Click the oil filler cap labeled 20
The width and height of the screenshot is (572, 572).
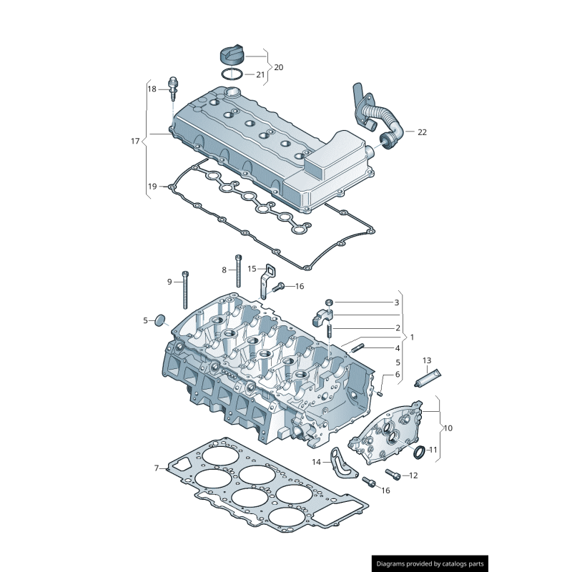(x=232, y=54)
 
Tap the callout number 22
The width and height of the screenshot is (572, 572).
(x=421, y=132)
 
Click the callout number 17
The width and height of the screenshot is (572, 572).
(x=135, y=141)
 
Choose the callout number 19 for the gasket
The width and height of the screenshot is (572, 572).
(x=152, y=187)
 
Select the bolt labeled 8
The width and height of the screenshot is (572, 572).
(x=238, y=271)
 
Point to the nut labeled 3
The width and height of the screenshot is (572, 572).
(x=330, y=302)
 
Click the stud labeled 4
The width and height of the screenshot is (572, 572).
(x=358, y=347)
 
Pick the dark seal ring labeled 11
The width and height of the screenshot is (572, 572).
(x=420, y=450)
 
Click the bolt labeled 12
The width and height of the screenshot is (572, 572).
(x=392, y=473)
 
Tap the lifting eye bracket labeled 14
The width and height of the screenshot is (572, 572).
(x=342, y=464)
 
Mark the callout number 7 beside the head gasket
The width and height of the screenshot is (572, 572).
(x=156, y=468)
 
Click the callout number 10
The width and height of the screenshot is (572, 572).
(x=448, y=429)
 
